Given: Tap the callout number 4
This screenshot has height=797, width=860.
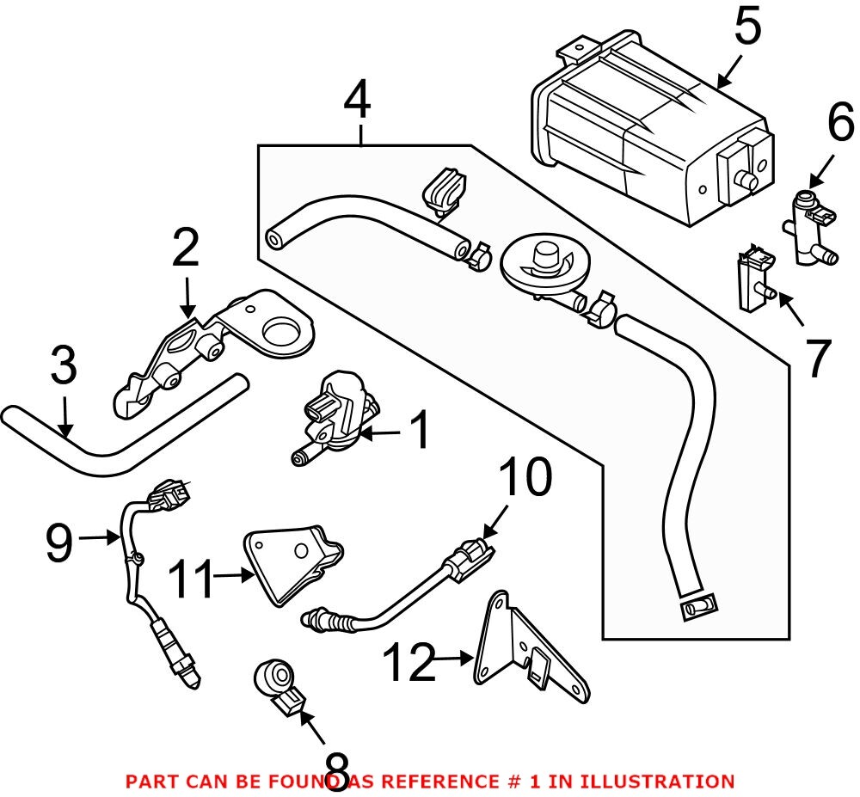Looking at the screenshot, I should click(357, 102).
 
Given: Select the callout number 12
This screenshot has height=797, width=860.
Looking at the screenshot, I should click(408, 663).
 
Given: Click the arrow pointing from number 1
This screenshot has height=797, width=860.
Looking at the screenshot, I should click(379, 433).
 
